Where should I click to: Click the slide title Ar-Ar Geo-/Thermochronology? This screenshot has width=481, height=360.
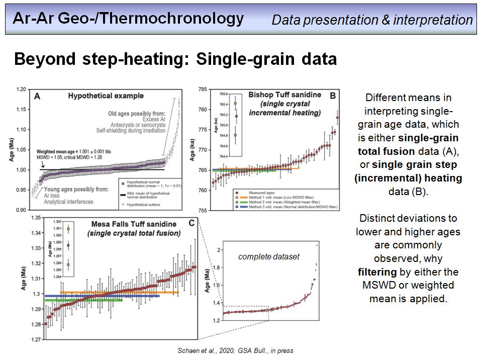tap(128, 19)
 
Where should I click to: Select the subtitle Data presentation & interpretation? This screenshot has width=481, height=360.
tap(372, 20)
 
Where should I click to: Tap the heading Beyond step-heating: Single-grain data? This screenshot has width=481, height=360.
tap(175, 59)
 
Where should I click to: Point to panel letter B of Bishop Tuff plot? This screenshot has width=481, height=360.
tap(332, 94)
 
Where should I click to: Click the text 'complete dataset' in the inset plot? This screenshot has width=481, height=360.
tap(268, 256)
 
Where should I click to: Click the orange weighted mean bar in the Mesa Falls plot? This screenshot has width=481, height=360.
tap(119, 292)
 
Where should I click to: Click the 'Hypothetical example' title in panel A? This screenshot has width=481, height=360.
tap(106, 96)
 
